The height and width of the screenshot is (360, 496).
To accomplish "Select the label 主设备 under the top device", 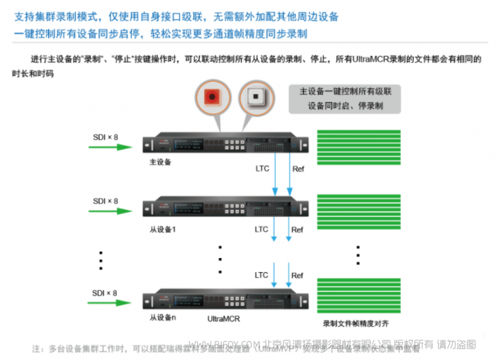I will tap(161, 162).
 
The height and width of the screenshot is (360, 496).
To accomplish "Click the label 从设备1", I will tap(163, 230).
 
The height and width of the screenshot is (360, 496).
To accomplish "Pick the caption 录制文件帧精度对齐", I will tap(356, 323).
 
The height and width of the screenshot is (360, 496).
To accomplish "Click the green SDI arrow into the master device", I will tap(110, 147).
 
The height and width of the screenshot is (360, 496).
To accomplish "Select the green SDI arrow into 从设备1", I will tap(110, 212).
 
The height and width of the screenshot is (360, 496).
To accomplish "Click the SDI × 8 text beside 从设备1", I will tap(105, 201).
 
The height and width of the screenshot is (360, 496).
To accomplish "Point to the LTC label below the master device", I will tap(262, 169).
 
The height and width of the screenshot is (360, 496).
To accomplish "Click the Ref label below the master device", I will tap(298, 169).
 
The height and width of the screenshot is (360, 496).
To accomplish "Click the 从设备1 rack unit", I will tap(226, 208).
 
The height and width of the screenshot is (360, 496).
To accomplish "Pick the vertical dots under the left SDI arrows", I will tap(101, 260).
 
